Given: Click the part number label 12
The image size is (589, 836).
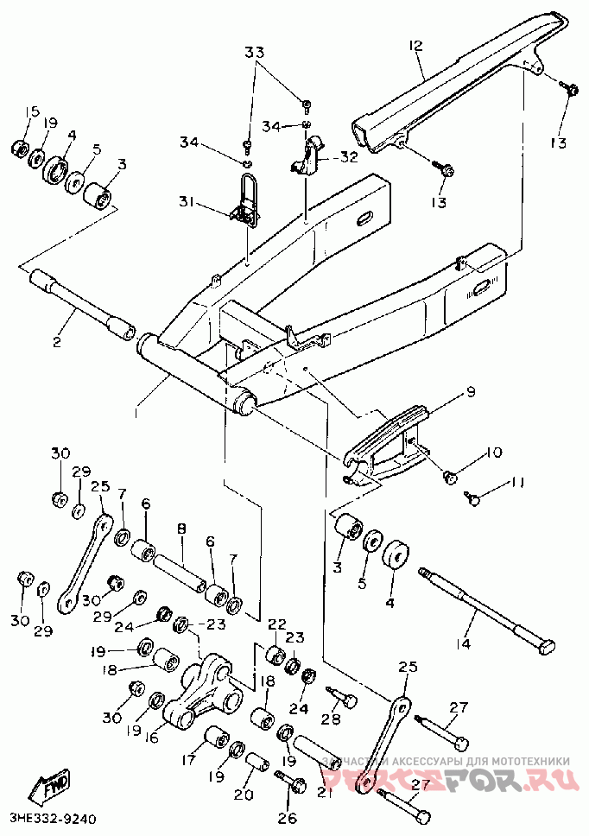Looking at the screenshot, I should coord(415,45).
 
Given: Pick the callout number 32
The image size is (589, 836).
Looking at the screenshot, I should coord(348,157).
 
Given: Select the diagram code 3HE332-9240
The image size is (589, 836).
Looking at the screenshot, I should coord(52,817).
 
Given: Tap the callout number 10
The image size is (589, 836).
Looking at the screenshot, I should coord(491,452).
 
